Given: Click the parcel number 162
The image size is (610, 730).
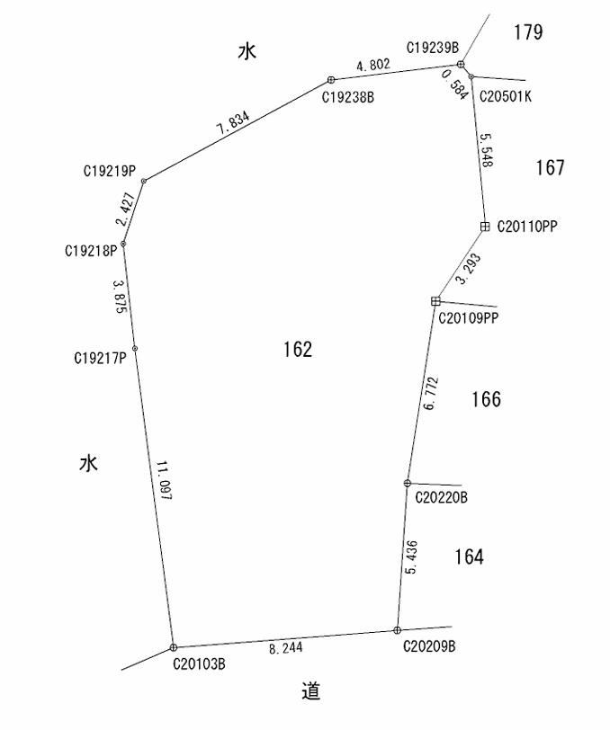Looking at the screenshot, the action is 298,349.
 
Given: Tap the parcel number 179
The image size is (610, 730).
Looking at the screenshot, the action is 528,32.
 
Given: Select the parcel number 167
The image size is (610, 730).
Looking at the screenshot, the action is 550,167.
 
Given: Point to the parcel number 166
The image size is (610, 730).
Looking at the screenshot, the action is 486,399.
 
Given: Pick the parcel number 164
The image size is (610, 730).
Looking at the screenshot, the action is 469,556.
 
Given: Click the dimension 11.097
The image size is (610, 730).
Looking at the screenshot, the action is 164,481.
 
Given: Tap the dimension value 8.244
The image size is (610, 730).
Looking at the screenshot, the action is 286,647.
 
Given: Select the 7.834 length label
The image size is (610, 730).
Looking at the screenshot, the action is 233,122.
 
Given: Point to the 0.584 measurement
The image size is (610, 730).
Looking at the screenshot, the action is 454,85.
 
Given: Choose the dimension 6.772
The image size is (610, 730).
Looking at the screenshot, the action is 432,394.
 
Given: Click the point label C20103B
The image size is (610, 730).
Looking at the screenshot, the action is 199,663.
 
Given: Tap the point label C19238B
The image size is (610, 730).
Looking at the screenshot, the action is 347,98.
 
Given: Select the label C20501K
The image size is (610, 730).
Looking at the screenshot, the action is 506,96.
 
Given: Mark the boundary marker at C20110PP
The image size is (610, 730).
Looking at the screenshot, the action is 485,227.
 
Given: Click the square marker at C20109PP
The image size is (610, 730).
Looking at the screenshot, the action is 435,301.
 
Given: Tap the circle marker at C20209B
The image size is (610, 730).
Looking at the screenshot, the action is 397,630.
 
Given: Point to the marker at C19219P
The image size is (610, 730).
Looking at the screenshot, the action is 144,181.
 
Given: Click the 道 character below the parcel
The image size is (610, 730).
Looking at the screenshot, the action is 310,690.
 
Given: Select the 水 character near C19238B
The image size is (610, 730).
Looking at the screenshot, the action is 247,51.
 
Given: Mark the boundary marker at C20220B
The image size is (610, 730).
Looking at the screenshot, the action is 408,484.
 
